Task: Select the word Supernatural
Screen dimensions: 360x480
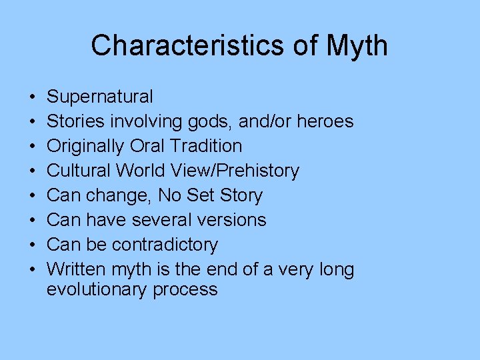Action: (99, 97)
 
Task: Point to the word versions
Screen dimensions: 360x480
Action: (233, 220)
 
